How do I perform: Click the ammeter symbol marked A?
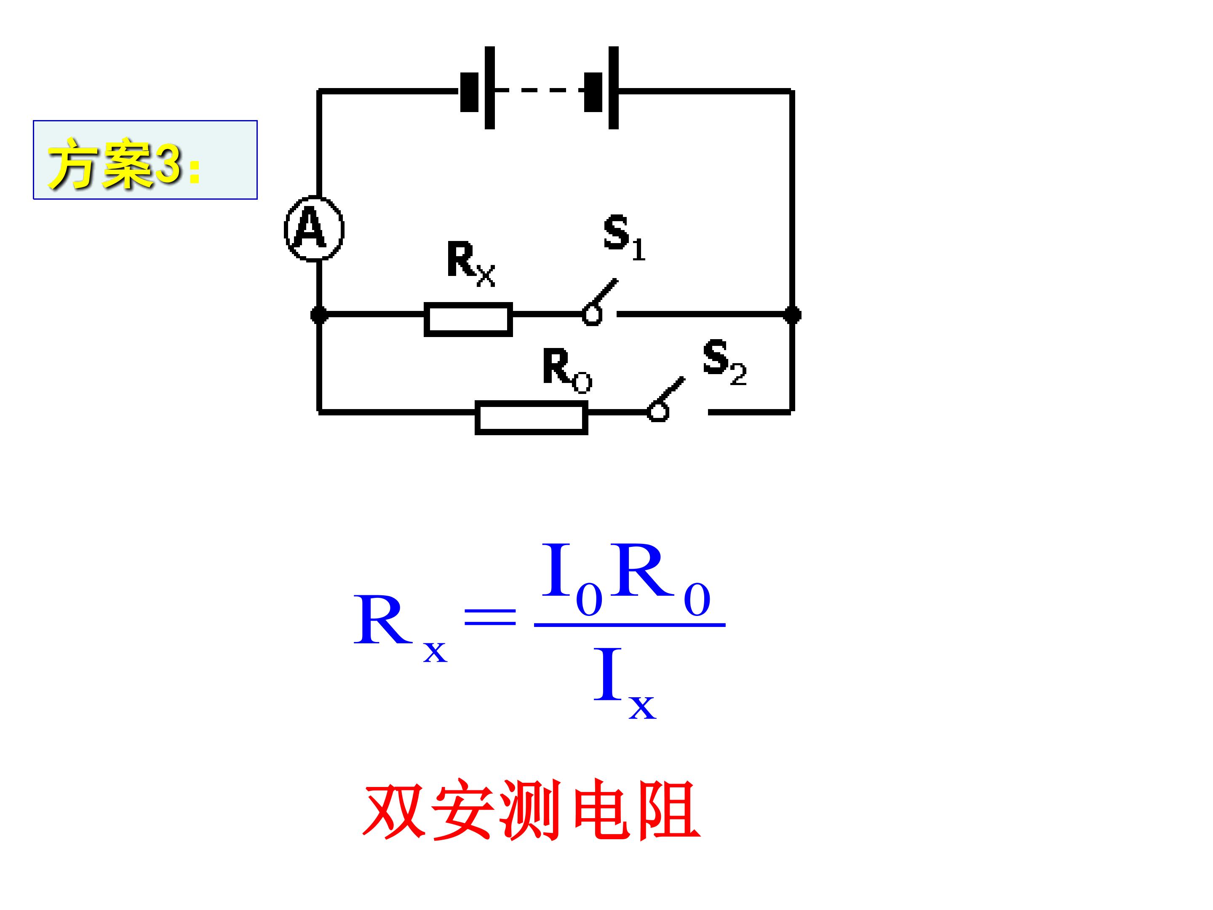(x=314, y=228)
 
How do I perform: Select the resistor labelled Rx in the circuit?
(x=468, y=319)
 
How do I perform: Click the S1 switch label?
(x=625, y=238)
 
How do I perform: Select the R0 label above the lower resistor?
(x=567, y=371)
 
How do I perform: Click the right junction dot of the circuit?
(x=792, y=315)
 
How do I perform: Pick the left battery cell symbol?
(x=478, y=88)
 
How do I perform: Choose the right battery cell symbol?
(x=601, y=88)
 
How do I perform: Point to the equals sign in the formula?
(x=490, y=616)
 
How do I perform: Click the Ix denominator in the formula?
(x=625, y=683)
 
